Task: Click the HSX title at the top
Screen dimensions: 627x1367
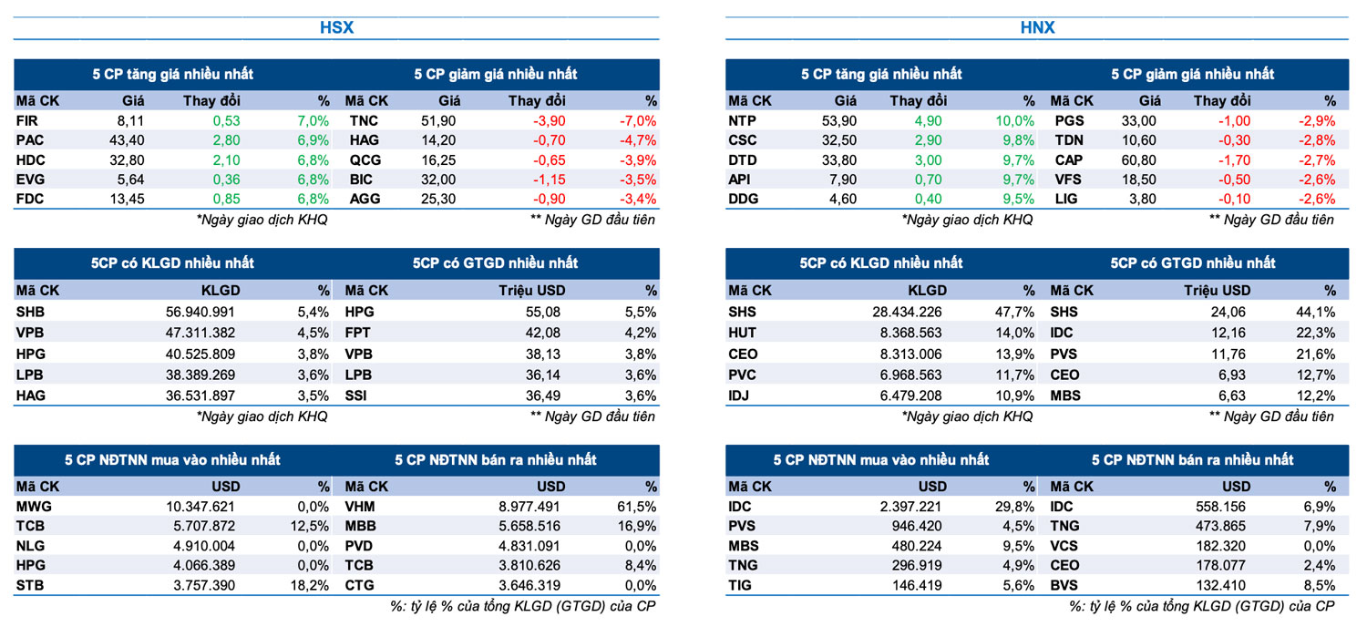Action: point(336,27)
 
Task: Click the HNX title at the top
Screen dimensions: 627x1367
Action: point(1037,27)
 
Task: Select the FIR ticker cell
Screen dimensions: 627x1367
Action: point(27,120)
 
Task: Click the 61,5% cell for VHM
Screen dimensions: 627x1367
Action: point(637,507)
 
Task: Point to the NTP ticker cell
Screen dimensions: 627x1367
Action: point(743,120)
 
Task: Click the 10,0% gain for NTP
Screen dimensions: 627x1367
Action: point(1016,120)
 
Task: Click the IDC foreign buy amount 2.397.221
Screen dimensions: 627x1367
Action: point(907,507)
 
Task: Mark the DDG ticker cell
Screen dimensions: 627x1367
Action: point(744,199)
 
